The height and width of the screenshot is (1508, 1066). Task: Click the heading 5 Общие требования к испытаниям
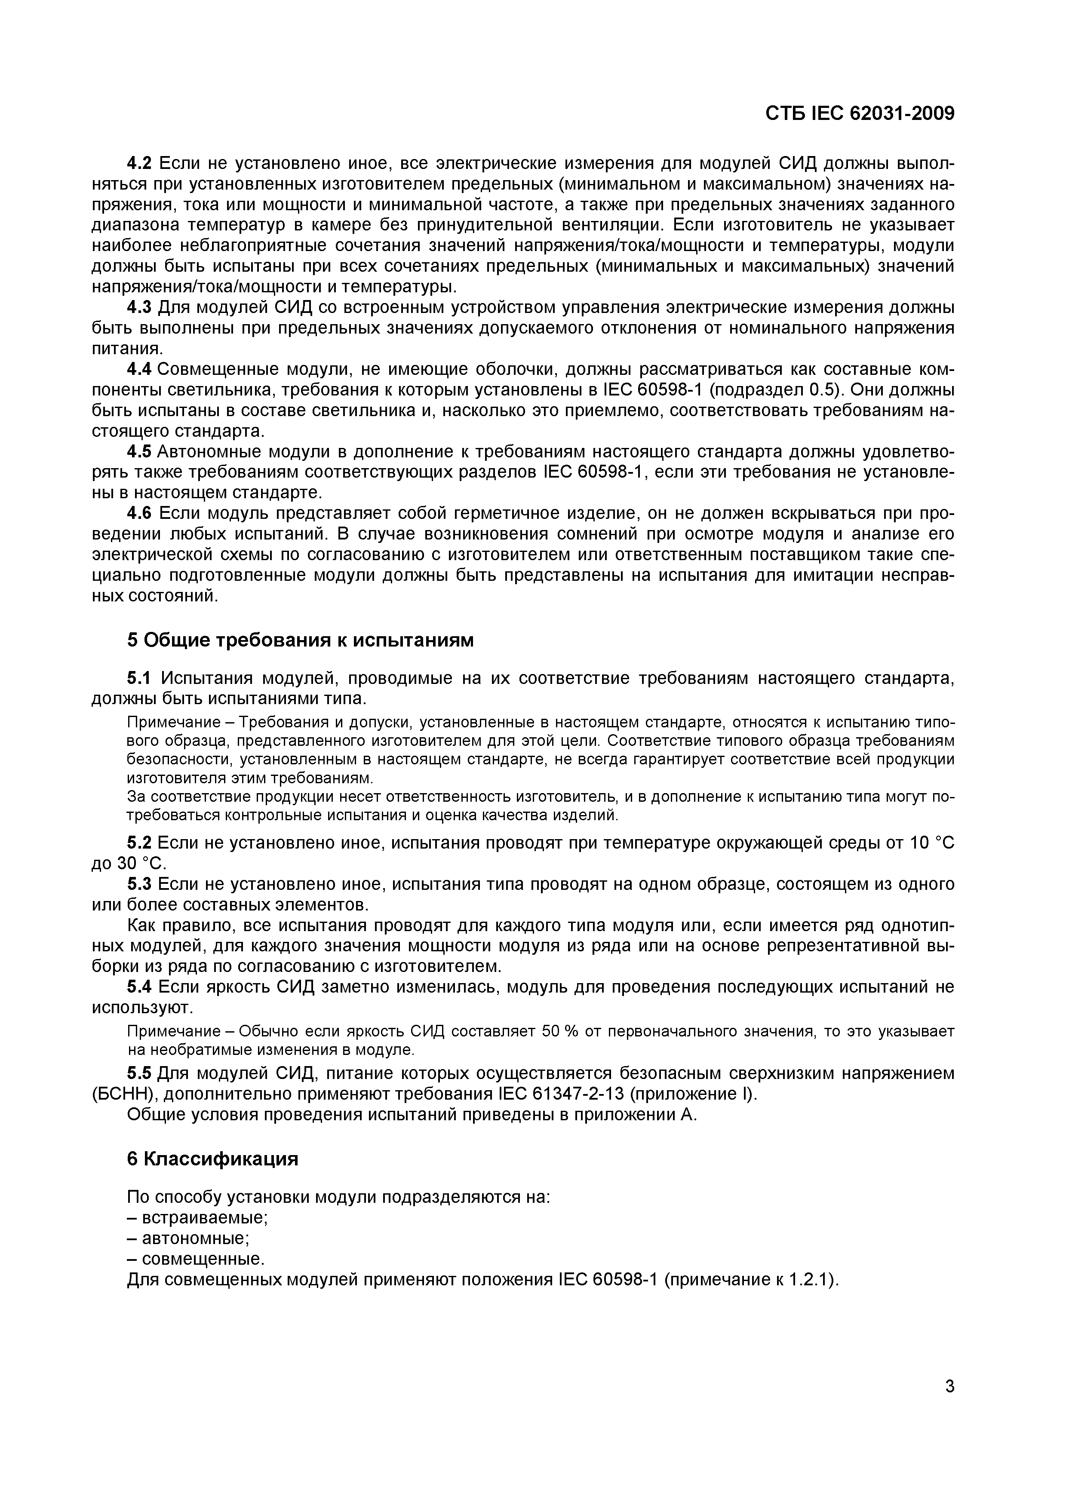(300, 639)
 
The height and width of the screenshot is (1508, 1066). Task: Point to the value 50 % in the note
(559, 1031)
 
